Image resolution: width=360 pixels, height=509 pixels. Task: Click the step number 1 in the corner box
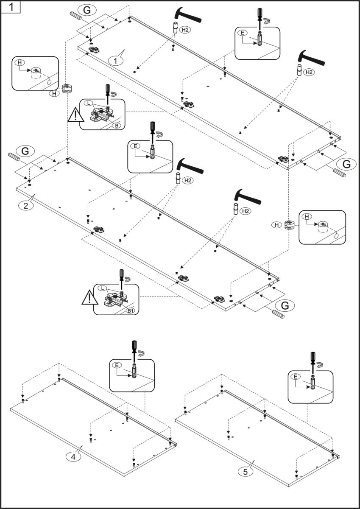coord(10,7)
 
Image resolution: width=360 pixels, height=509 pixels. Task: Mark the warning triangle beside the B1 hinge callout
coord(89,299)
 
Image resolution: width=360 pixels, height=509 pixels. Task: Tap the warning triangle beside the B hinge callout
coord(75,115)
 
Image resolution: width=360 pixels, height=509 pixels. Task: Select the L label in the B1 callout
coord(102,288)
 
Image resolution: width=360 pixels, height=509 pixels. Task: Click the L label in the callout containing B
coord(87,103)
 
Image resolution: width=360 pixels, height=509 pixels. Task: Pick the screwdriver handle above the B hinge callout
coord(108,89)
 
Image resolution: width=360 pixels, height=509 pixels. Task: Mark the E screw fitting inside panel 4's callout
coord(134,372)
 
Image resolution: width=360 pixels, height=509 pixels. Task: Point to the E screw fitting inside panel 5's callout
coord(313,383)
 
